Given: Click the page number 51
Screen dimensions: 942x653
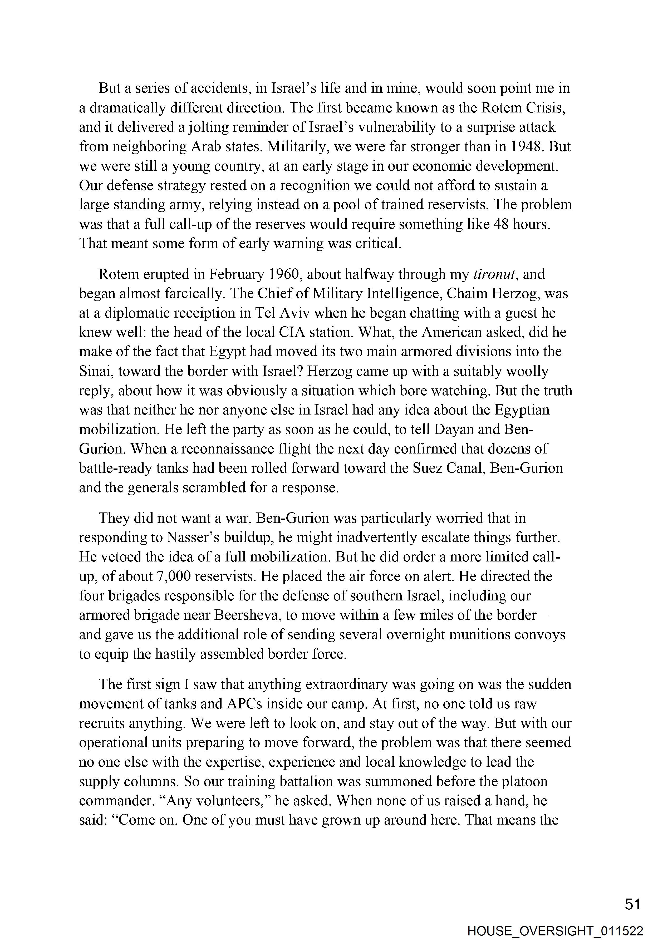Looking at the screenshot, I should point(632,904).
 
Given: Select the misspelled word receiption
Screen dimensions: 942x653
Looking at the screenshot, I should point(213,313).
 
